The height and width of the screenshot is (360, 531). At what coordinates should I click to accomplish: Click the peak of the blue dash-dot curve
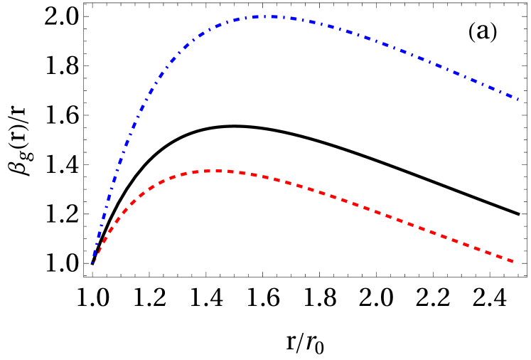pyautogui.click(x=270, y=16)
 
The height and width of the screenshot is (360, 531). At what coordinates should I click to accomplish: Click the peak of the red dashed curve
pyautogui.click(x=218, y=171)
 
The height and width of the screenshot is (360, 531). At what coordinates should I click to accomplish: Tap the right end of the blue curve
pyautogui.click(x=517, y=99)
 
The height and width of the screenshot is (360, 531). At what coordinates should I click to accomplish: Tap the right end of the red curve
pyautogui.click(x=513, y=262)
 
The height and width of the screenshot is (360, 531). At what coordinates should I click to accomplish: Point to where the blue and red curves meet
pyautogui.click(x=92, y=263)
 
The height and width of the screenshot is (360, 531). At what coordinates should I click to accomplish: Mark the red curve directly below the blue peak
pyautogui.click(x=270, y=178)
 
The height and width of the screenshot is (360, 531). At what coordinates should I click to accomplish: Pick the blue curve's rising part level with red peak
pyautogui.click(x=122, y=171)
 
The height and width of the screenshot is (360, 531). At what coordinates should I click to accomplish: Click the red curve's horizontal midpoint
pyautogui.click(x=303, y=188)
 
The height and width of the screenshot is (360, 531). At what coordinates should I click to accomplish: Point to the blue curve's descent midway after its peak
pyautogui.click(x=394, y=48)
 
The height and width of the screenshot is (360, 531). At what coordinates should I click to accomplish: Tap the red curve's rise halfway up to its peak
pyautogui.click(x=114, y=217)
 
